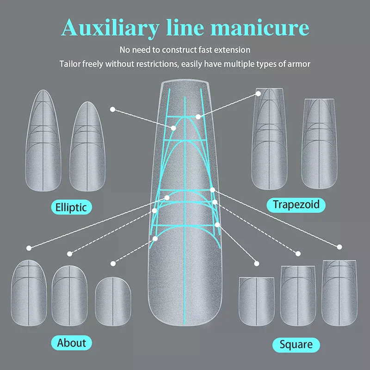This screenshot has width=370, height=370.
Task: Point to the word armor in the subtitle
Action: [x=299, y=64]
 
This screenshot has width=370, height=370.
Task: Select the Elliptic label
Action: [x=71, y=206]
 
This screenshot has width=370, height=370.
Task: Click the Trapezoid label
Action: [x=296, y=204]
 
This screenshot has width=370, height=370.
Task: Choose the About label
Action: [x=71, y=343]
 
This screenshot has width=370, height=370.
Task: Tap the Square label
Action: [x=296, y=344]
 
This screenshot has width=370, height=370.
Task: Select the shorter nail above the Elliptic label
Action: [x=90, y=148]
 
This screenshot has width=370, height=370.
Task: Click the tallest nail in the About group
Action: [x=29, y=294]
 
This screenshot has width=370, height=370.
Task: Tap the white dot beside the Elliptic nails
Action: [x=112, y=109]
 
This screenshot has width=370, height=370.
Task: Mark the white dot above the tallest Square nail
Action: [x=340, y=247]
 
